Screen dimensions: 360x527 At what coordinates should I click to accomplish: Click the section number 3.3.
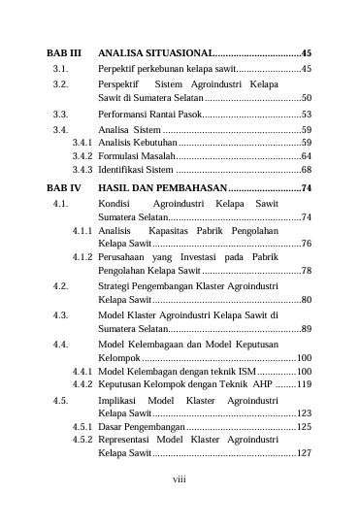60,114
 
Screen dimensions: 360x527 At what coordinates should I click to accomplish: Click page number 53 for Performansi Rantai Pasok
306,114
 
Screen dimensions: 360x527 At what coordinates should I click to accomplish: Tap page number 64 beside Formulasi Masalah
306,155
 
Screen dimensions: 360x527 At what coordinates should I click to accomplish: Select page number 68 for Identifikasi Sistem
306,169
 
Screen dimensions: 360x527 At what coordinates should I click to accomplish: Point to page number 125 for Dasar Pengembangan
303,426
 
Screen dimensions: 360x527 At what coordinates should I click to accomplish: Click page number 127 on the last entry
303,453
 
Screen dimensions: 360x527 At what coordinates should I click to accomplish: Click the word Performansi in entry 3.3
124,114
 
